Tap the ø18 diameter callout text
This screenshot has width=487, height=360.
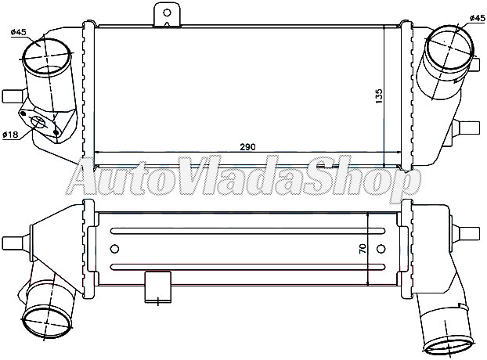pos(10,135)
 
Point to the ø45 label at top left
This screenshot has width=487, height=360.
pos(20,32)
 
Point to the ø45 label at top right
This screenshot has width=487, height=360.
pos(475,18)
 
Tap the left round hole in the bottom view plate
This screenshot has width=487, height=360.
pos(115,249)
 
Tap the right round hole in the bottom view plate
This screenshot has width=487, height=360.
pos(381,249)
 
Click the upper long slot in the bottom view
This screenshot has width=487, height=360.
pos(247,230)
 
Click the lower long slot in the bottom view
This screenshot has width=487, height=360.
pos(247,267)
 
